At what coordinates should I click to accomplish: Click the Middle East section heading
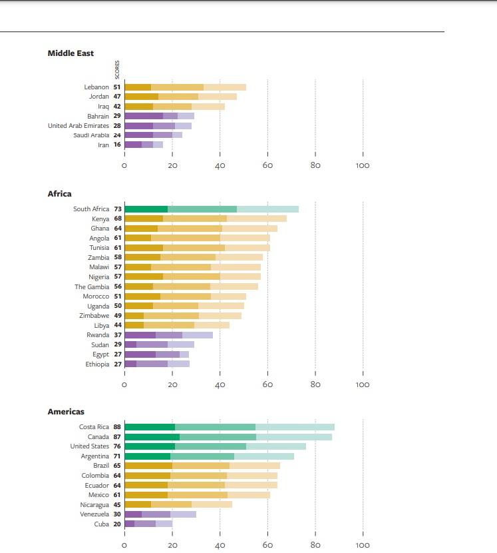tap(71, 53)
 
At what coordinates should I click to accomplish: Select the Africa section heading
tap(59, 194)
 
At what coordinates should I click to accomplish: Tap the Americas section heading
tap(66, 412)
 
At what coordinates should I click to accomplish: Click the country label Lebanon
tap(96, 87)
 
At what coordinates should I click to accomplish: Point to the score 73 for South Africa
tap(118, 209)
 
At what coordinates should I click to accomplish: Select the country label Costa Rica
tap(94, 427)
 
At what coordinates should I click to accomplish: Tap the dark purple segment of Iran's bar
tap(133, 145)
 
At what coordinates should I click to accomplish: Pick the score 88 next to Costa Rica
tap(118, 427)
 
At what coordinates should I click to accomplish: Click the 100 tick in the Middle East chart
tap(363, 165)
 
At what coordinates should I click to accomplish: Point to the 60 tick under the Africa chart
tap(267, 384)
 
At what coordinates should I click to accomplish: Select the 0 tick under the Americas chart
tap(124, 544)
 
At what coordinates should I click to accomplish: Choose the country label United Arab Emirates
tap(79, 126)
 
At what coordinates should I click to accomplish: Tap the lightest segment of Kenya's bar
tap(257, 219)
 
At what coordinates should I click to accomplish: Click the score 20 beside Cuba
tap(118, 524)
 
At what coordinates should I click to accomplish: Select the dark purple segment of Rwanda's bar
tap(140, 335)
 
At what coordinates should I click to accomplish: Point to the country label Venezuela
tap(94, 514)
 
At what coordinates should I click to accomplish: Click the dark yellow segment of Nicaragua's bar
tap(138, 504)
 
